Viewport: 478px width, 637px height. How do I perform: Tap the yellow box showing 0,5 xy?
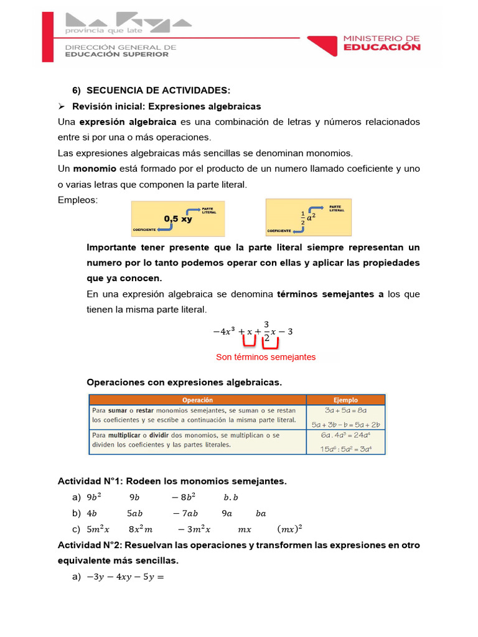[x=177, y=218]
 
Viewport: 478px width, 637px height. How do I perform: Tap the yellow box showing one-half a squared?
[x=308, y=216]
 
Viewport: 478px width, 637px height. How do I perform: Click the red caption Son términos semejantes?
[x=266, y=357]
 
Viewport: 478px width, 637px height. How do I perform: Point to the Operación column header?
[x=197, y=400]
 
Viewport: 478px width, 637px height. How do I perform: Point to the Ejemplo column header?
[x=345, y=400]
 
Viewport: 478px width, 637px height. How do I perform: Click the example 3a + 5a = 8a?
[x=345, y=411]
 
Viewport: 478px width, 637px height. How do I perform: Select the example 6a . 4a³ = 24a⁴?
[x=345, y=436]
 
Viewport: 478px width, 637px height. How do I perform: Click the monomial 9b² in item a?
[x=94, y=497]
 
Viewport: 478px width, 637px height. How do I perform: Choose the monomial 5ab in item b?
[x=135, y=513]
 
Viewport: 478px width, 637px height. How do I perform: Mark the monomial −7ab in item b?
[x=185, y=513]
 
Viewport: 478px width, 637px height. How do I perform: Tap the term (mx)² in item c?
[x=289, y=529]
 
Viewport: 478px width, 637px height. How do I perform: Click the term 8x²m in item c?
[x=141, y=529]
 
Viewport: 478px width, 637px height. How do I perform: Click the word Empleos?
[x=78, y=200]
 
